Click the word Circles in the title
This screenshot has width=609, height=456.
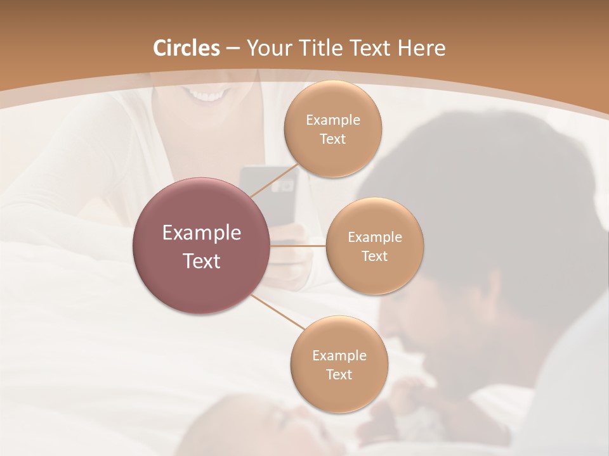coord(187,48)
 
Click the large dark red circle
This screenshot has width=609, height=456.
coord(201,246)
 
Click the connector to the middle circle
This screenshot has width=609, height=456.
coord(298,245)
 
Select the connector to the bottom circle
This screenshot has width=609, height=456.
coord(278,312)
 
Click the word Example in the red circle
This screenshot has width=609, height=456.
coord(202,233)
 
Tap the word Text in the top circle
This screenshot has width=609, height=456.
coord(332,139)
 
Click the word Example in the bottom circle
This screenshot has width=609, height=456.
coord(339,355)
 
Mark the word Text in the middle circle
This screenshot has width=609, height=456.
coord(374,256)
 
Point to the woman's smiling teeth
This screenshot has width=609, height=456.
coord(209,97)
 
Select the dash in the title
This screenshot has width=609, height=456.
coord(233,48)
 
